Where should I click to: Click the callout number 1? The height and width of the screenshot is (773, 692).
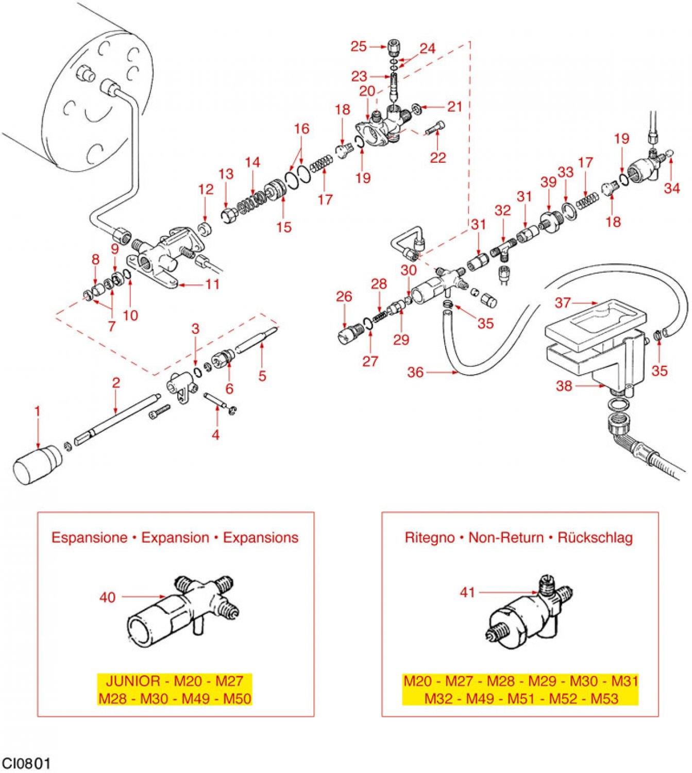point(38,411)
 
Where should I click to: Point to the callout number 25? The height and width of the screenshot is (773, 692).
point(358,46)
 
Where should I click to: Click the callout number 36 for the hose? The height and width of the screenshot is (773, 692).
point(415,372)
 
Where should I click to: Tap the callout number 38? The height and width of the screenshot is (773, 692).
point(564,386)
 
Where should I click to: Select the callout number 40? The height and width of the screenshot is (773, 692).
point(107,597)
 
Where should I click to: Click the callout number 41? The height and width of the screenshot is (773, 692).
point(467,593)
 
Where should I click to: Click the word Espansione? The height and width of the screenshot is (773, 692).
point(89,537)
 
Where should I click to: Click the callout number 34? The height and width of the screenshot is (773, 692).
point(672,188)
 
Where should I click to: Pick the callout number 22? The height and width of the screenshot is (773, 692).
point(438,157)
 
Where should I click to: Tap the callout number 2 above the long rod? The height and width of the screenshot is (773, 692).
point(116,383)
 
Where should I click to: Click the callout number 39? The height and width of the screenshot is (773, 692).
point(549,182)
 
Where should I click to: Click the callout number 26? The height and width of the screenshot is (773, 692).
point(344,297)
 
